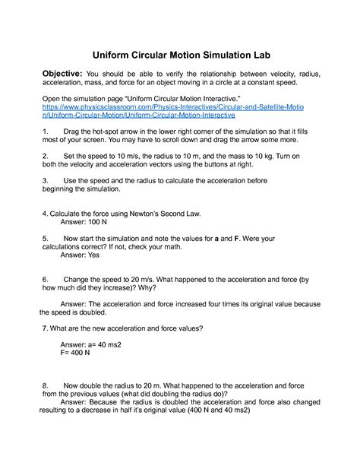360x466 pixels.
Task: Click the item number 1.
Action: coord(46,132)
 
